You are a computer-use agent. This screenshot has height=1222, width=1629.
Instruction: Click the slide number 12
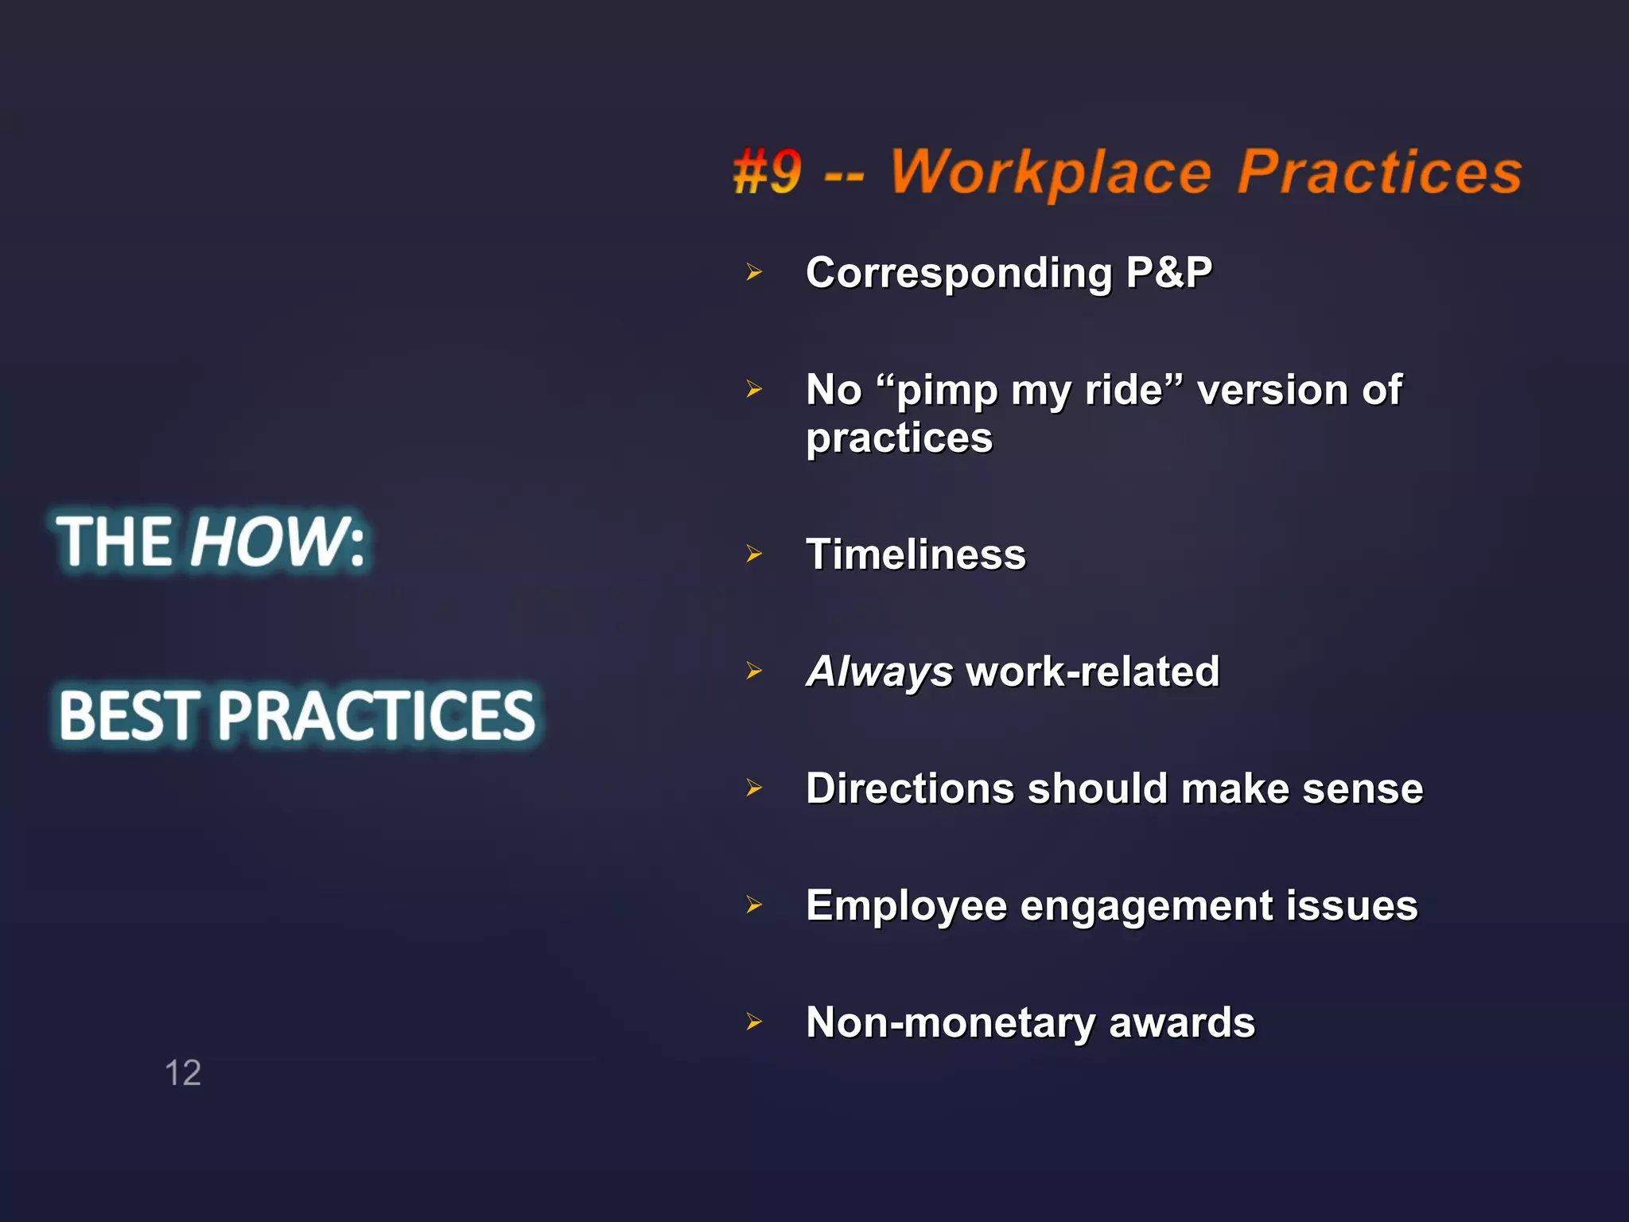183,1072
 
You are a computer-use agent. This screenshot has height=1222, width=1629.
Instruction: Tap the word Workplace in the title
1051,173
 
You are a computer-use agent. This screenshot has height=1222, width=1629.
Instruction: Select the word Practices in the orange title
1380,173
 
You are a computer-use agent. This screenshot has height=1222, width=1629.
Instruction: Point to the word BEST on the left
127,715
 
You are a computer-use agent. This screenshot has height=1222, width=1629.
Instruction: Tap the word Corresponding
958,274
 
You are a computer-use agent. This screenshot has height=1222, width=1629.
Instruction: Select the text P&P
1169,272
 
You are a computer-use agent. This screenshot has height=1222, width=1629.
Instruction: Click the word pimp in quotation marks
946,391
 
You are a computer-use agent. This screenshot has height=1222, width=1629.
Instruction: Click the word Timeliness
916,555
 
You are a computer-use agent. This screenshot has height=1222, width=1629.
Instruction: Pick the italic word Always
879,672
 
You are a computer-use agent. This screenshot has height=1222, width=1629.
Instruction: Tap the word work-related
1092,671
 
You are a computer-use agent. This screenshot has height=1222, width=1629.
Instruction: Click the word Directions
909,788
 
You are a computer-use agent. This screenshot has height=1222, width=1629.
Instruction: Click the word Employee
906,907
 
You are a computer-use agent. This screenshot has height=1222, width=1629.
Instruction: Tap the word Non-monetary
951,1022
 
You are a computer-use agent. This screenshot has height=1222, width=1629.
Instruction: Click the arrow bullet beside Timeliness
754,554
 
